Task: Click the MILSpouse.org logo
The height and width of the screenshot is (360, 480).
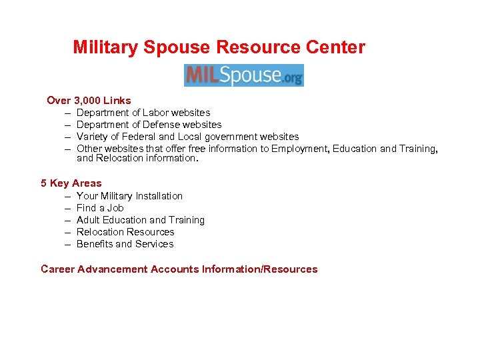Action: coord(244,75)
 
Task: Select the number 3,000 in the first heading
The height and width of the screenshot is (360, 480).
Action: coord(88,101)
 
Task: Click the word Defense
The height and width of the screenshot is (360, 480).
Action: coord(162,125)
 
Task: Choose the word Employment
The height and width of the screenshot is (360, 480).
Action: coord(299,149)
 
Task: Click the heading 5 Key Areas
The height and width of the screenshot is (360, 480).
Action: coord(71,183)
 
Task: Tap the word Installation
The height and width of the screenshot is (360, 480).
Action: coord(159,196)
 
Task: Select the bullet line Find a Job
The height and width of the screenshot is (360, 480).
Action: coord(100,208)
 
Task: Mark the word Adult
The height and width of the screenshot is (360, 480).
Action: coord(89,220)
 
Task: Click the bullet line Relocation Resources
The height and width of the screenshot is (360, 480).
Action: coord(125,232)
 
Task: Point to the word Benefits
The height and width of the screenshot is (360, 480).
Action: coord(95,244)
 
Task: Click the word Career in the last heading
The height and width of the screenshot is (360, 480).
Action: coord(57,269)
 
